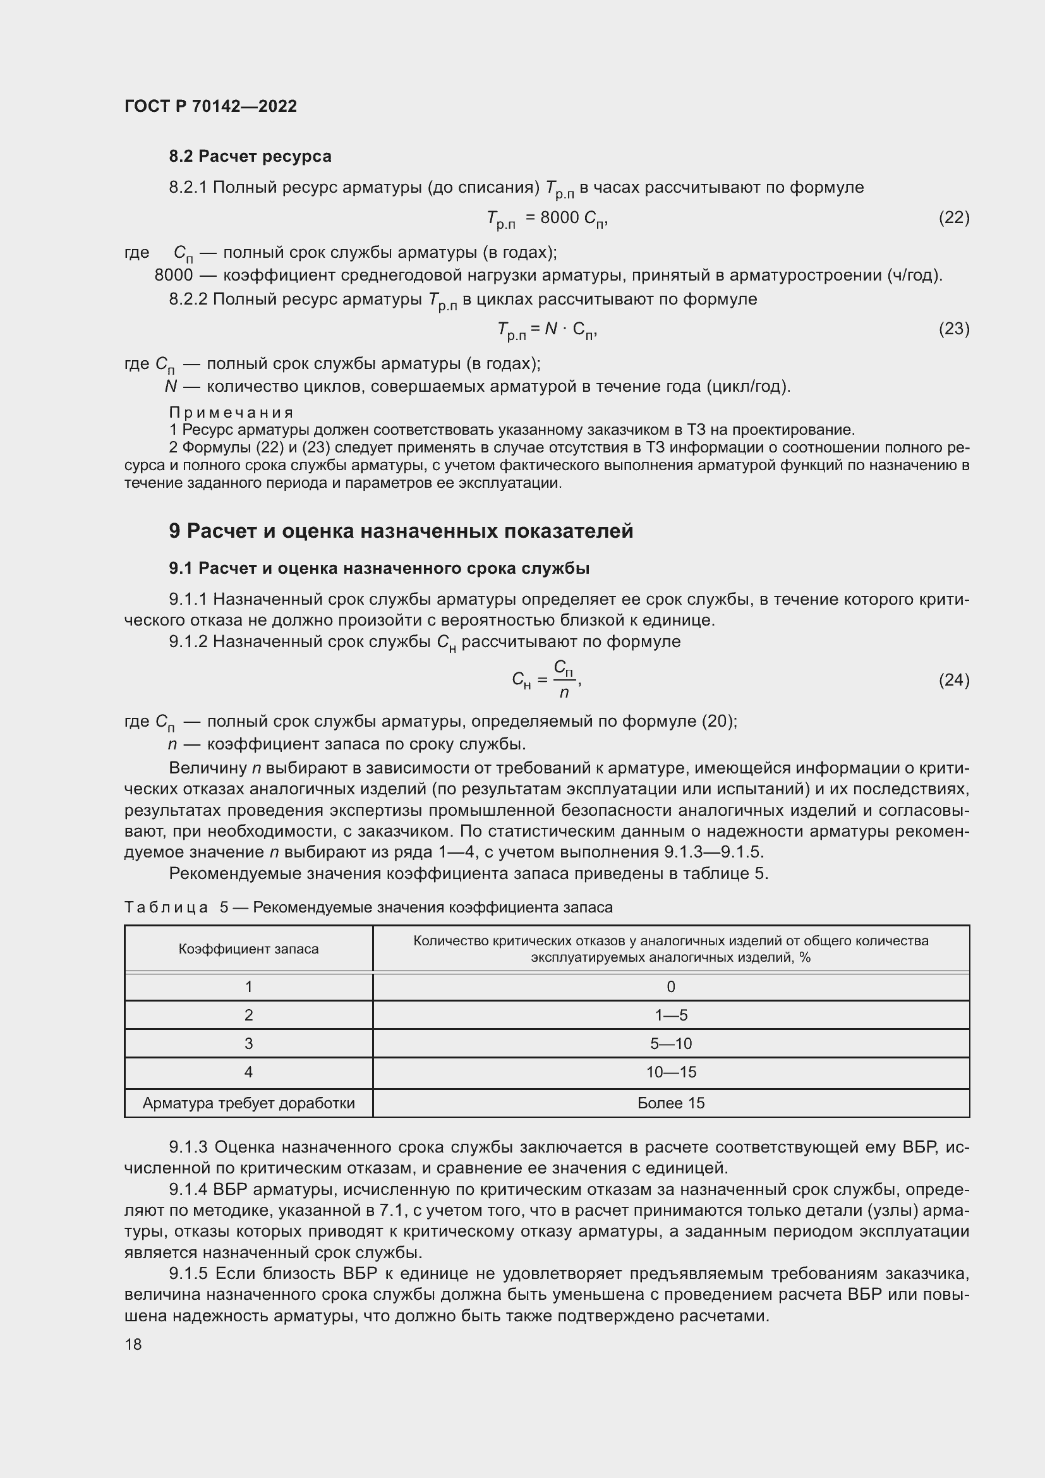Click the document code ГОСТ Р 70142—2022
click(210, 106)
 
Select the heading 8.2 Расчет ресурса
click(250, 157)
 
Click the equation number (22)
click(953, 217)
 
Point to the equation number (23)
click(953, 329)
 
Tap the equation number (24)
click(953, 680)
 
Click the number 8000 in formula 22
click(559, 217)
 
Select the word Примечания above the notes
click(231, 412)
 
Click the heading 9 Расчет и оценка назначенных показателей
click(401, 531)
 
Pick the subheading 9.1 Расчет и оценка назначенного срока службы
click(379, 569)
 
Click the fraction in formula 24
click(564, 680)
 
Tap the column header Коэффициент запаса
click(248, 949)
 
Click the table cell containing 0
click(670, 987)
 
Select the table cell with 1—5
click(670, 1015)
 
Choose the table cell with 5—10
click(670, 1043)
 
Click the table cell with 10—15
click(670, 1072)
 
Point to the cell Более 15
click(670, 1103)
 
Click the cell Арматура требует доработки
click(248, 1103)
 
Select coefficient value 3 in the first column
click(248, 1043)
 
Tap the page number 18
click(133, 1344)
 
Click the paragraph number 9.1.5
click(188, 1274)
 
